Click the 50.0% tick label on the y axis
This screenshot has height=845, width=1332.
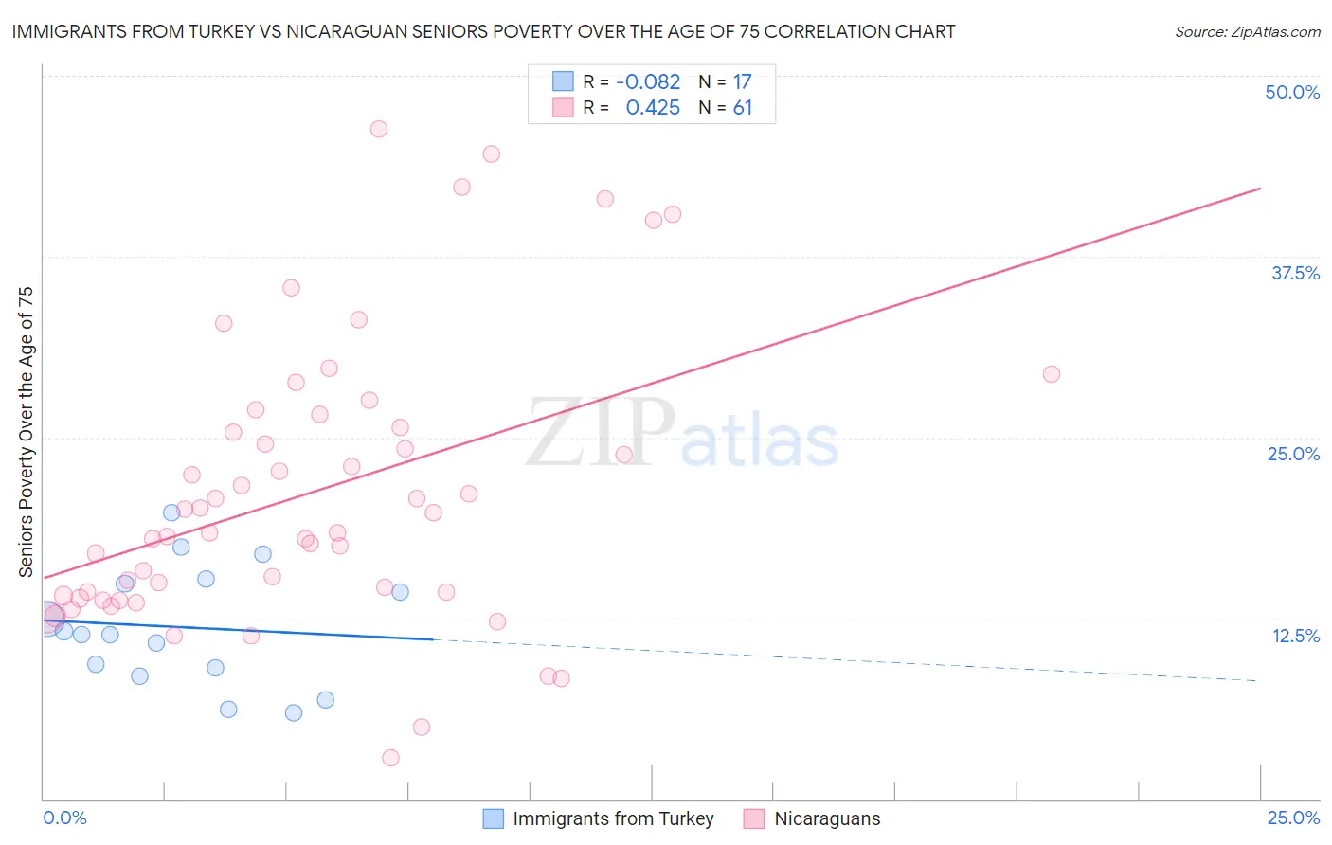pyautogui.click(x=1291, y=92)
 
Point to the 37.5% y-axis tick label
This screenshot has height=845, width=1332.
pyautogui.click(x=1294, y=273)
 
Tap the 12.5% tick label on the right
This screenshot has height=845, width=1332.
pyautogui.click(x=1295, y=636)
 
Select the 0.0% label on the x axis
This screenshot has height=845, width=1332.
pyautogui.click(x=64, y=818)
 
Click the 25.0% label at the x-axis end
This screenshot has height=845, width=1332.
pyautogui.click(x=1293, y=818)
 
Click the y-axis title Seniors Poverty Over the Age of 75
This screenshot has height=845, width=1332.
pyautogui.click(x=26, y=431)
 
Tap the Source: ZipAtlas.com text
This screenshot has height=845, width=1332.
pyautogui.click(x=1247, y=31)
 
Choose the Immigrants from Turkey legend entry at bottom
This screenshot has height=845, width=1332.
pyautogui.click(x=599, y=818)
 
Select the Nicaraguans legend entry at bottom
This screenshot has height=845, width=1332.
pyautogui.click(x=812, y=818)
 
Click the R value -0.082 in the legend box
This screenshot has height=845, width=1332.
pyautogui.click(x=648, y=82)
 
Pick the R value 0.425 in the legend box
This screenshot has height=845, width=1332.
pyautogui.click(x=653, y=108)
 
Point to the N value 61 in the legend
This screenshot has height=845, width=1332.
pyautogui.click(x=742, y=108)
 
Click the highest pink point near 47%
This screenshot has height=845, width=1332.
pyautogui.click(x=379, y=129)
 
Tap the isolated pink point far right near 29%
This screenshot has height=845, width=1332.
pyautogui.click(x=1051, y=374)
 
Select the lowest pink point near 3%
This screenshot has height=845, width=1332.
pyautogui.click(x=390, y=758)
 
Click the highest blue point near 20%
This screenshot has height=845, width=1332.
pyautogui.click(x=171, y=512)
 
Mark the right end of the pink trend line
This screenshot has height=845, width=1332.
pyautogui.click(x=1260, y=189)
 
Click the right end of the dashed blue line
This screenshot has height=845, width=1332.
pyautogui.click(x=1257, y=680)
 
